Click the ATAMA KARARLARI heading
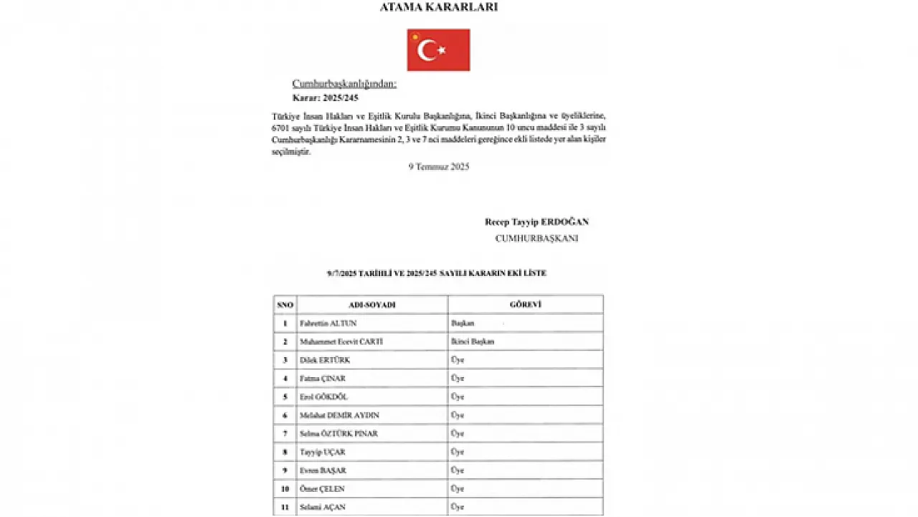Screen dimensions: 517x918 438,8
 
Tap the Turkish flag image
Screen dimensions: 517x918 438,50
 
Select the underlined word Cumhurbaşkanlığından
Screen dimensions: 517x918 344,84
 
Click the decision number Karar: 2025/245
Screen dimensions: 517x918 325,98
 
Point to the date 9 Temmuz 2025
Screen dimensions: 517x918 438,166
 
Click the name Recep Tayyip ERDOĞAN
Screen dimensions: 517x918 536,222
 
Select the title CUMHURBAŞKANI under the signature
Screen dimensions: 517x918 536,238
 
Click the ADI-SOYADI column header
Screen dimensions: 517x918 372,305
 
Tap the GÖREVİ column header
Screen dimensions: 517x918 525,305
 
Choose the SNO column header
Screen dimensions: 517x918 285,305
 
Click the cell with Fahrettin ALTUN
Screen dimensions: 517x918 327,323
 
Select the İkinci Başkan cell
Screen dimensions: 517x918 472,342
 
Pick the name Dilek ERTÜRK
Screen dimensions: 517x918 324,360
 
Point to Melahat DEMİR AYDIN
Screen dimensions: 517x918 339,415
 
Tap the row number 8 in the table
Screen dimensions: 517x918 285,452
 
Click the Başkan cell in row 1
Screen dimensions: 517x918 462,323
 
